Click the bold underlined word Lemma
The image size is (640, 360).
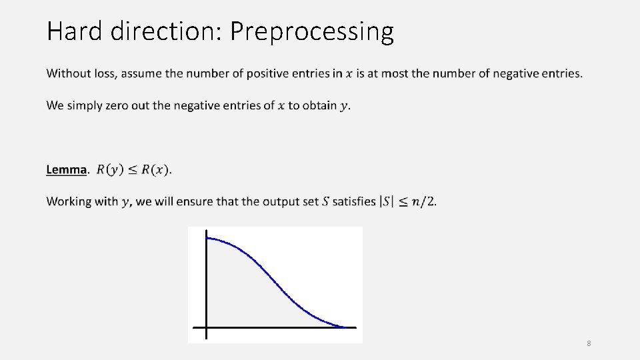coord(66,169)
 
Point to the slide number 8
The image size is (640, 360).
coord(589,343)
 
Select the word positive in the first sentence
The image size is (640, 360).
coord(271,73)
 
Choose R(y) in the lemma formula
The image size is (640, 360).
coord(109,169)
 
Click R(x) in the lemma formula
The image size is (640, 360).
coord(154,169)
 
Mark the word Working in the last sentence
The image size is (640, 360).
coord(71,201)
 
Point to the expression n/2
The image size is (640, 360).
coord(425,201)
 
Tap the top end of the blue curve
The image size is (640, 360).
coord(208,238)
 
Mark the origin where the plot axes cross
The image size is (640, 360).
coord(207,327)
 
